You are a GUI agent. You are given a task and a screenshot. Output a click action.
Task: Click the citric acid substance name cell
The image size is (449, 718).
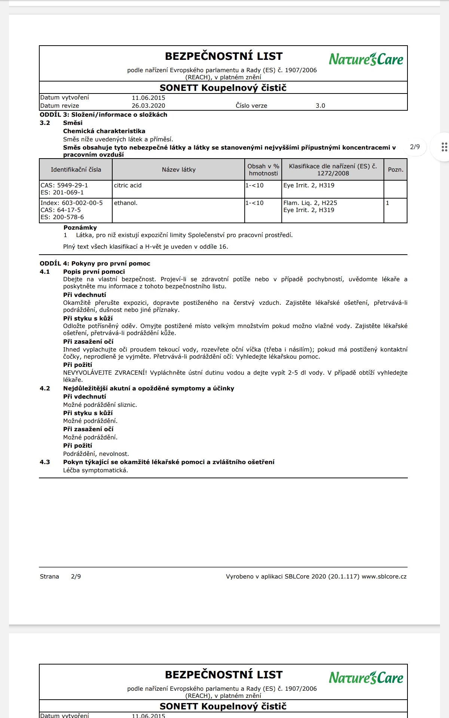128,185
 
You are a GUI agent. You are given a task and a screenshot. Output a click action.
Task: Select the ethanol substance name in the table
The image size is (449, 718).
126,203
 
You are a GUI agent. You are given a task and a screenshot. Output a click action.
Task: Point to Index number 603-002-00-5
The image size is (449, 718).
71,203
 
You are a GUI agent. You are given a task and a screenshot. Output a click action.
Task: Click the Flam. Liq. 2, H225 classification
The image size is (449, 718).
310,203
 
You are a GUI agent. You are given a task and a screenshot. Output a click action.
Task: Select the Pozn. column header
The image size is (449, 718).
395,170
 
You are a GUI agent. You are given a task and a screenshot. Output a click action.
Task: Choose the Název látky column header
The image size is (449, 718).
178,170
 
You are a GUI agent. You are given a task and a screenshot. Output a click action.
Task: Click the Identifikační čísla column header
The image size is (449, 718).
76,170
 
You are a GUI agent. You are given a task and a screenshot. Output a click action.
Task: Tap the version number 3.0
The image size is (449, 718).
320,106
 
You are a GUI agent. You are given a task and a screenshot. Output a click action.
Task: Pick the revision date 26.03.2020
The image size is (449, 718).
148,106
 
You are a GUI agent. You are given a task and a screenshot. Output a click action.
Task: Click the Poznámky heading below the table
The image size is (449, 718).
80,228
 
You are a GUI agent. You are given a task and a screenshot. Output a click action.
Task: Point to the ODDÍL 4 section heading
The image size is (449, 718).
95,264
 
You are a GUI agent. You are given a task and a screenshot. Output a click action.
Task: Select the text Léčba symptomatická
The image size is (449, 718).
95,470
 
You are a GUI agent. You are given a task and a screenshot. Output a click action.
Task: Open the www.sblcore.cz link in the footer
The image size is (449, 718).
384,577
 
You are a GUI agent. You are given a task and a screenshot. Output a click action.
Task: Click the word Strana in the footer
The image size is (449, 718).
49,577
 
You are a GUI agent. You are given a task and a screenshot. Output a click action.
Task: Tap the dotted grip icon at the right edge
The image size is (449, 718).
444,147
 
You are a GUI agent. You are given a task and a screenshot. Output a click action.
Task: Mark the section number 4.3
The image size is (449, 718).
45,462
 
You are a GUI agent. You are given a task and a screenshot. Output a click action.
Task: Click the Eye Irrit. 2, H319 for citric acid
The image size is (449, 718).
309,185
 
